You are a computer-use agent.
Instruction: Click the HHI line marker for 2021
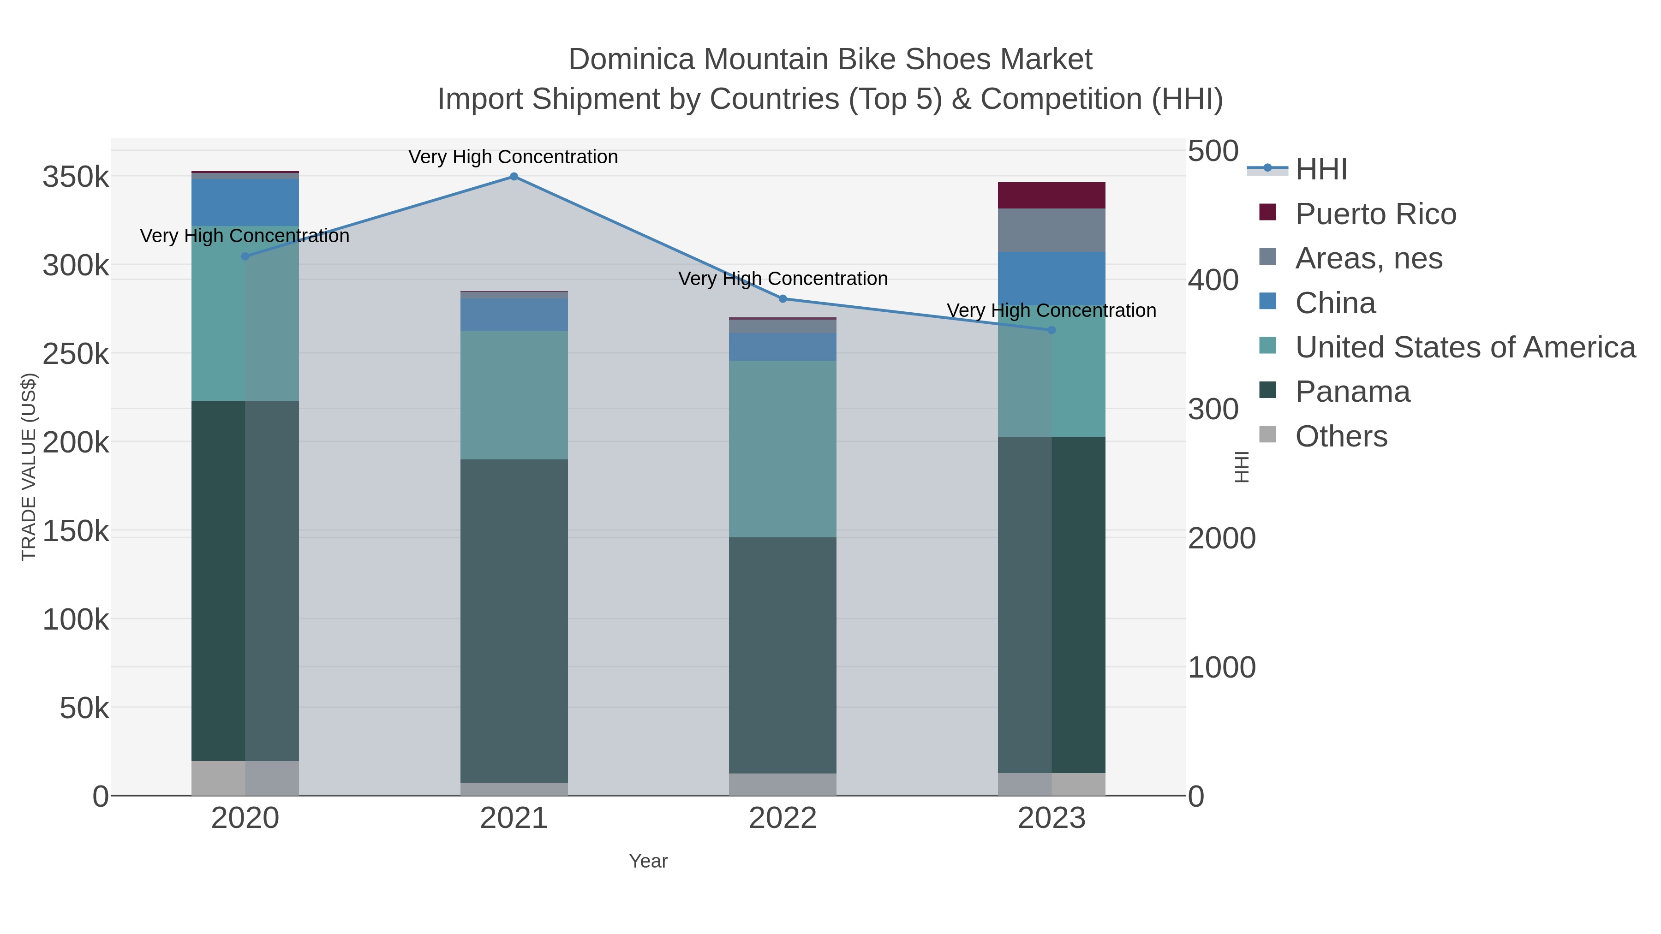514,177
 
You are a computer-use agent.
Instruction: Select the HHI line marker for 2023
1052,330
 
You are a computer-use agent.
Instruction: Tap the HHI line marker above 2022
783,298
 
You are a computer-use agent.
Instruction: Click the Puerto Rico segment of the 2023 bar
1052,195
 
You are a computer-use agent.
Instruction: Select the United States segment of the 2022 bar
783,449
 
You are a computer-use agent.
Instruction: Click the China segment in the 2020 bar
245,202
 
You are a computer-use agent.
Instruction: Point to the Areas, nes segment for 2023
1052,230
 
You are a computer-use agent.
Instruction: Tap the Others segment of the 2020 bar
245,778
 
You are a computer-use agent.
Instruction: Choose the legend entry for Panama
1352,392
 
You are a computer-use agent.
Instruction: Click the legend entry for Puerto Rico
1375,214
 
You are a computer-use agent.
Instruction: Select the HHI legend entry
1320,170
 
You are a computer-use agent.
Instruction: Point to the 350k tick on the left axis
76,177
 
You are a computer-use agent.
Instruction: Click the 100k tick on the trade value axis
76,620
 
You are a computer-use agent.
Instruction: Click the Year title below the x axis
648,861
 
